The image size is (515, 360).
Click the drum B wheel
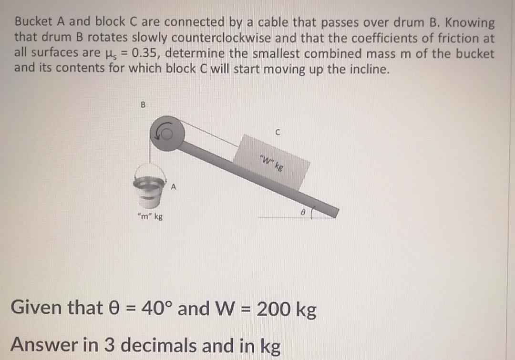click(x=164, y=134)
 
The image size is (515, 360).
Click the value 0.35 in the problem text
click(x=144, y=54)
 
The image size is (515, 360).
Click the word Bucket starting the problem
click(x=35, y=22)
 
